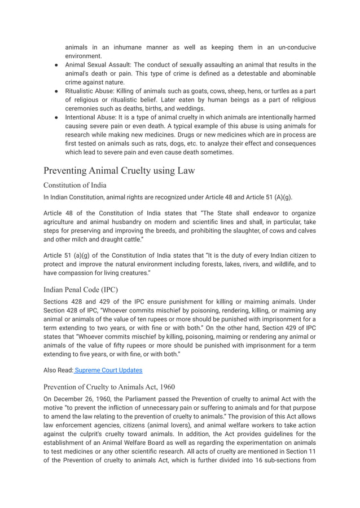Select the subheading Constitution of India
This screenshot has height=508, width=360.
click(75, 185)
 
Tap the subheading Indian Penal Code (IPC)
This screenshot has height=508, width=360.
click(80, 290)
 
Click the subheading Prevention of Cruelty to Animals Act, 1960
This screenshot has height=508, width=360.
click(109, 387)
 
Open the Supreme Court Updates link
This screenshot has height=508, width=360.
click(109, 370)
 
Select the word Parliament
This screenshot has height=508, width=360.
click(148, 399)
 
